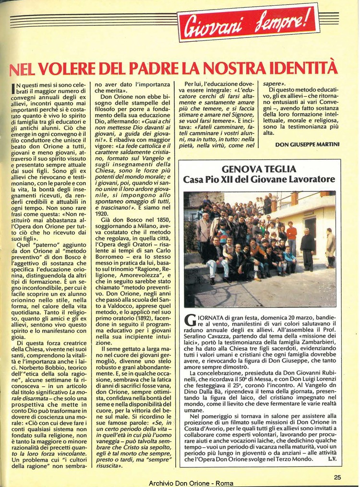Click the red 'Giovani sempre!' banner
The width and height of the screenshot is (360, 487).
(248, 23)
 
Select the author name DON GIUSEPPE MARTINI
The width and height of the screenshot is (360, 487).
(307, 144)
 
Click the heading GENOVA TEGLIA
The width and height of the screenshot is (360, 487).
(259, 169)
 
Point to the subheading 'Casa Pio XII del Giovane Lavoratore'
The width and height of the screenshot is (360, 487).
(259, 179)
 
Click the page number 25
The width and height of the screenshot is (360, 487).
(338, 476)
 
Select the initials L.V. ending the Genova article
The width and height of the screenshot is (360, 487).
(332, 460)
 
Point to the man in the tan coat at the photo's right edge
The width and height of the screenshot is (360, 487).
(331, 247)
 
